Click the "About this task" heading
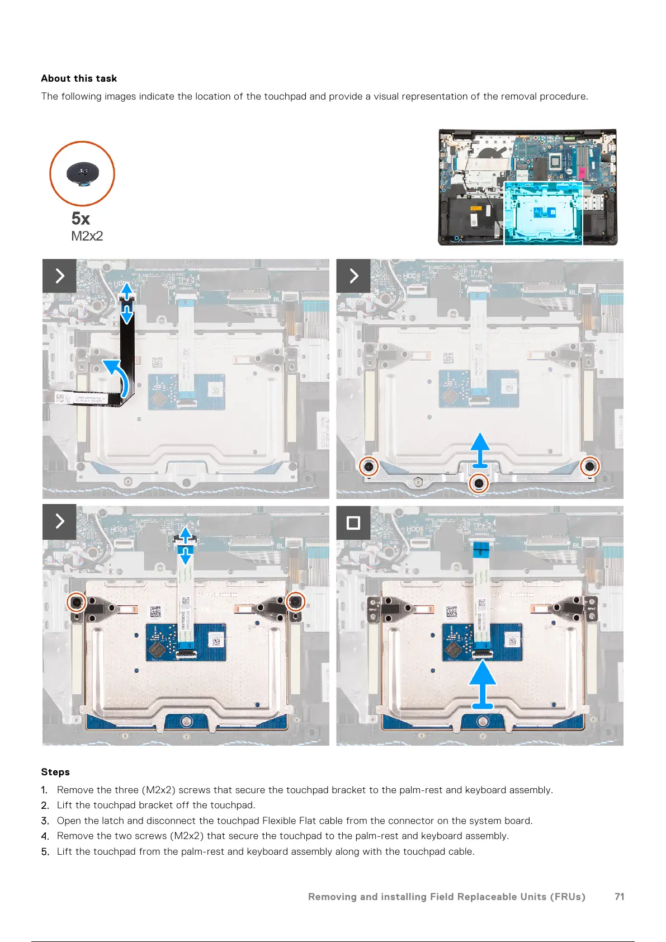(79, 78)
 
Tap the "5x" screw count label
(81, 218)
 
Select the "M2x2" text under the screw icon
(87, 236)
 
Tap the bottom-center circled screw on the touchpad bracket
(478, 483)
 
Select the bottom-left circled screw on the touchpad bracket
(368, 467)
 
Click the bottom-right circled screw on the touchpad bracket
(590, 465)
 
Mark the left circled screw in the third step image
(76, 602)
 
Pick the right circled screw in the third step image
(296, 602)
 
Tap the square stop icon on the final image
(353, 522)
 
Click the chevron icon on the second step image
(353, 276)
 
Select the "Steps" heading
(55, 772)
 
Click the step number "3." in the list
(45, 821)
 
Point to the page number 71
(619, 897)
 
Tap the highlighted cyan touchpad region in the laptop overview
(543, 213)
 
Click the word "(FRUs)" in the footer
(568, 897)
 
